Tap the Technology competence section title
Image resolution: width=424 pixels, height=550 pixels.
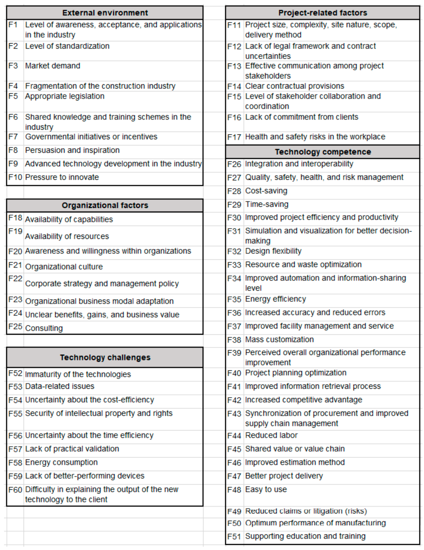click(323, 152)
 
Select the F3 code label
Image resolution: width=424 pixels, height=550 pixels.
click(13, 66)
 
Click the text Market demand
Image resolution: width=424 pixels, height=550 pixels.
click(53, 66)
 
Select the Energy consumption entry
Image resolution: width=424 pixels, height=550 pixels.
click(61, 462)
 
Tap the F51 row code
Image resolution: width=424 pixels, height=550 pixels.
click(234, 536)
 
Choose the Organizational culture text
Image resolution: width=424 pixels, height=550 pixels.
click(64, 267)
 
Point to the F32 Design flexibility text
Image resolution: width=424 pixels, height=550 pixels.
click(273, 251)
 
